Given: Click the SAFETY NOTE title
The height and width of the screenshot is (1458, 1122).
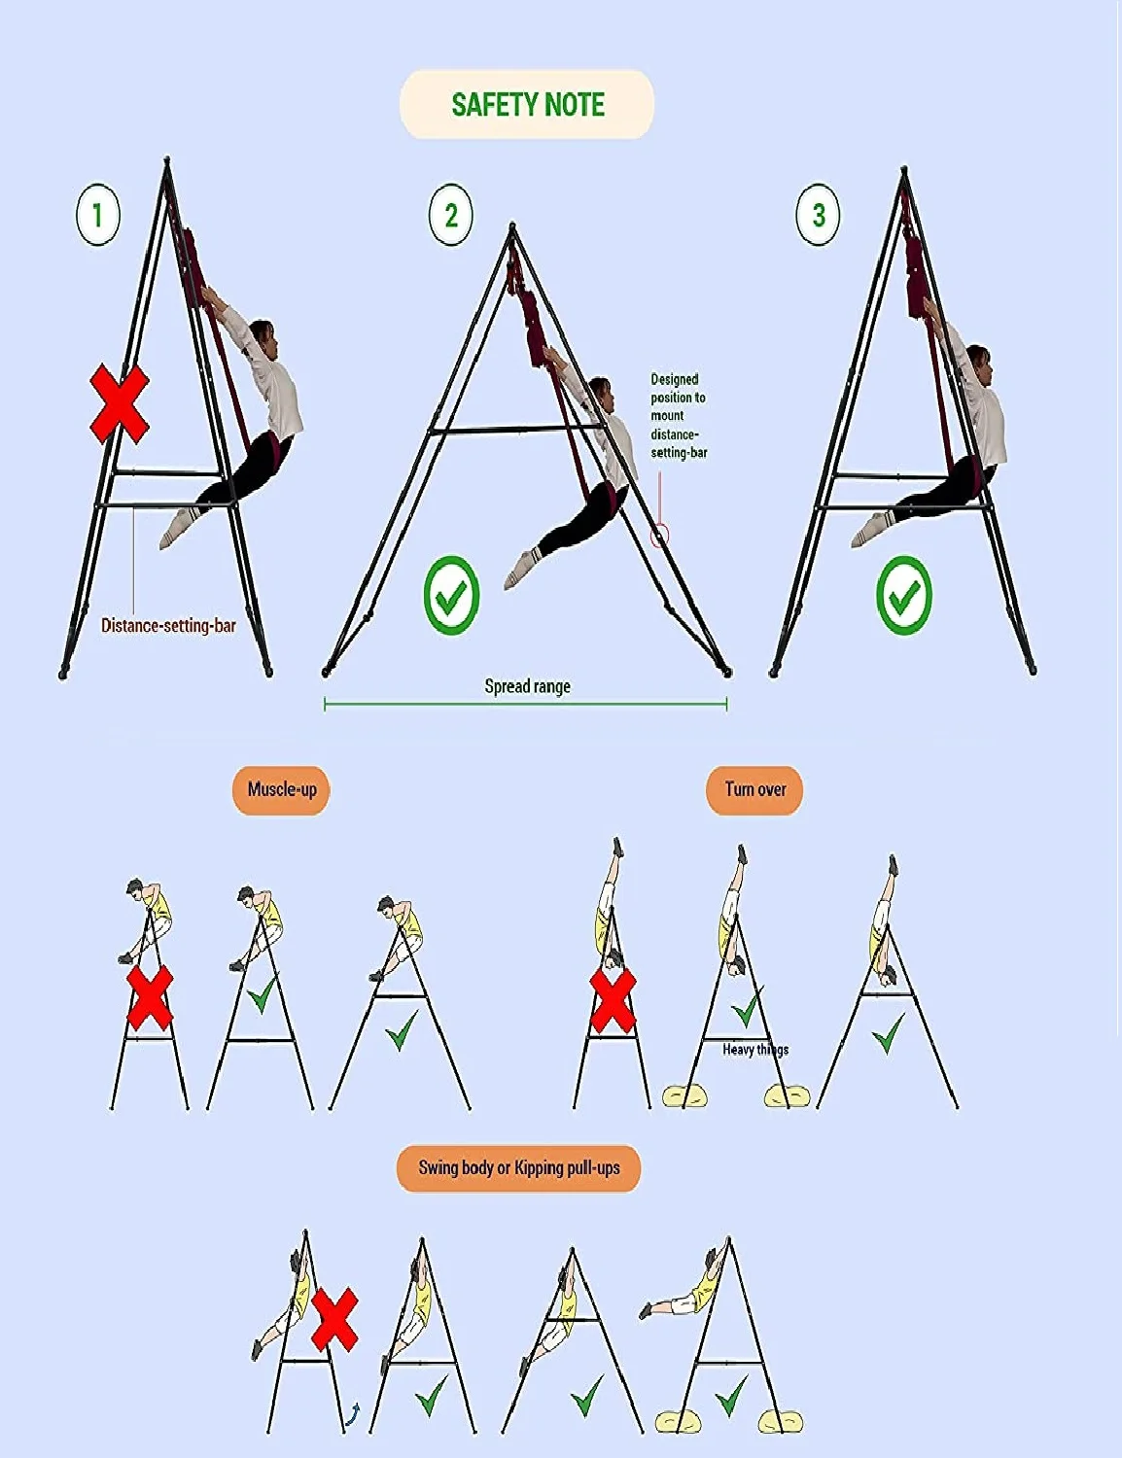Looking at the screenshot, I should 527,104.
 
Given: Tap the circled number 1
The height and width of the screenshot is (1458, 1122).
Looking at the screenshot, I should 97,215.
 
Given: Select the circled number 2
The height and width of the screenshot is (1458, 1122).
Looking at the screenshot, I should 450,215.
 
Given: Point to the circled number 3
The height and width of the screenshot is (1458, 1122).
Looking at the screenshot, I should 818,215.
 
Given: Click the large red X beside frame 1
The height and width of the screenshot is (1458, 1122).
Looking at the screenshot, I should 120,403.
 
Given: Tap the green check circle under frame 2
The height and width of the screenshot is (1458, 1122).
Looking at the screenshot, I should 451,596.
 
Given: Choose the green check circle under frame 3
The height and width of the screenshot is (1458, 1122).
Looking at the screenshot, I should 903,596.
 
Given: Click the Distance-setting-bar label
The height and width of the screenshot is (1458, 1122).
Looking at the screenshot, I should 168,626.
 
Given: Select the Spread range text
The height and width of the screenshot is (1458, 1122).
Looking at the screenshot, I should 527,686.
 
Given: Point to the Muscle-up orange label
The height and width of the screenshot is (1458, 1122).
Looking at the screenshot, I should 282,789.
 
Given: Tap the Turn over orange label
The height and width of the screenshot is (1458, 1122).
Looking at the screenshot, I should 754,789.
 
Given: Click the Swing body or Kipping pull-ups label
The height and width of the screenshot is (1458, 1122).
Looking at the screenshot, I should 518,1167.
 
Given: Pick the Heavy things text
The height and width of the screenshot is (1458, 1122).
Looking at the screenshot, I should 755,1050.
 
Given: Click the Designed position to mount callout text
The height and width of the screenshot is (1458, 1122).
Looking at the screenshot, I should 678,416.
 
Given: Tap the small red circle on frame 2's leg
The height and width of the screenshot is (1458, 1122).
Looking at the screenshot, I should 660,536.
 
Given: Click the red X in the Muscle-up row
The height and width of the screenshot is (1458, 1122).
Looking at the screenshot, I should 150,998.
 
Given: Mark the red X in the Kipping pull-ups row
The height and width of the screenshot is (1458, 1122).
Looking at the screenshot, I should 334,1319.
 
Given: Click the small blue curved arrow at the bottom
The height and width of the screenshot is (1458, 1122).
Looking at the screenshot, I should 353,1412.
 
